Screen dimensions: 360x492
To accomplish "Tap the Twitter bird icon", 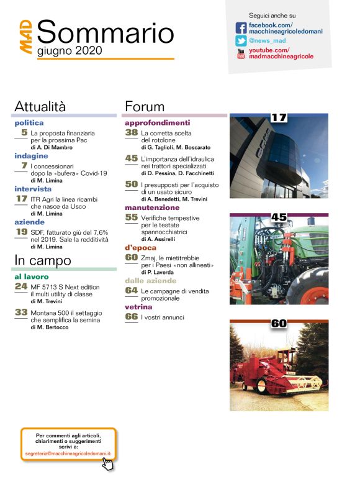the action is (241, 40).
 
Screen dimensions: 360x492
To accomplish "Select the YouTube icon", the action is (241, 53).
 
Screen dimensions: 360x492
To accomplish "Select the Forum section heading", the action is (145, 106).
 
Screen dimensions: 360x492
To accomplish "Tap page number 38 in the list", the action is (131, 132).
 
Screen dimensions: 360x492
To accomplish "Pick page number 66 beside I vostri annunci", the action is (131, 317).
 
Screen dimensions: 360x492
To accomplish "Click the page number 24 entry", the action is (21, 286).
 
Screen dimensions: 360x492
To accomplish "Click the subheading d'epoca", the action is (141, 247).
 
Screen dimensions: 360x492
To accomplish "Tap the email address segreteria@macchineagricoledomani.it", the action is (68, 454).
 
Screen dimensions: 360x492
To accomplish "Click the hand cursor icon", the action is (107, 463).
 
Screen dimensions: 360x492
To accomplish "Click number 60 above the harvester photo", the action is (278, 322).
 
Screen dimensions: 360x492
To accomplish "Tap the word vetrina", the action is (139, 307).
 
